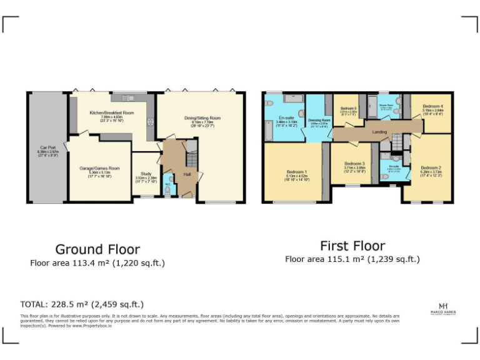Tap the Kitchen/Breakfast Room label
(x=112, y=113)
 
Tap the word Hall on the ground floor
(x=187, y=174)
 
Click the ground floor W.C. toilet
(x=167, y=189)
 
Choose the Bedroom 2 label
(x=431, y=168)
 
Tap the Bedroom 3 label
(x=354, y=164)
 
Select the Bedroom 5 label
(x=348, y=109)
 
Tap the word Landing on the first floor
(x=379, y=132)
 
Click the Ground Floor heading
(x=97, y=249)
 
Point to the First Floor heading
(x=352, y=245)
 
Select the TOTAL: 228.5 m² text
(x=82, y=304)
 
